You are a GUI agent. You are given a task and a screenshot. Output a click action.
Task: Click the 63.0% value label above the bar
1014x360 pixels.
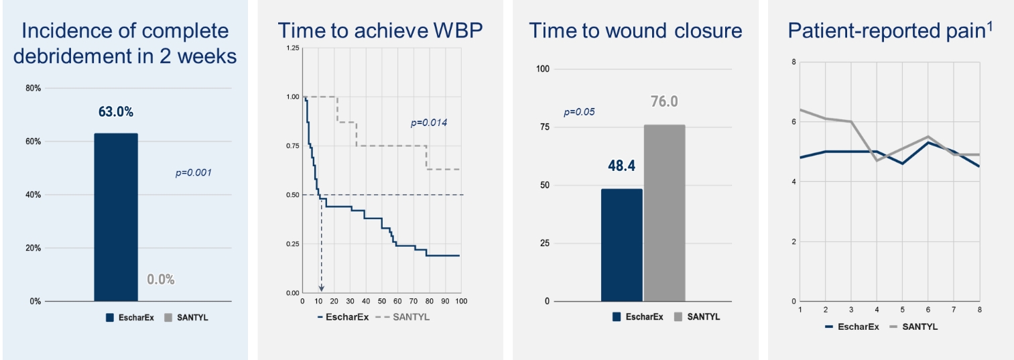(116, 112)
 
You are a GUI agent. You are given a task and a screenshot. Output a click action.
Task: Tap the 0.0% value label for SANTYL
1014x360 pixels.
(161, 280)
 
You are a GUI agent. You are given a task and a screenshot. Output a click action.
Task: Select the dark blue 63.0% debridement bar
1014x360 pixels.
(116, 217)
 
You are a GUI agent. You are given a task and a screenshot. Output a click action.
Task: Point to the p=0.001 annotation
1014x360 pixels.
(193, 173)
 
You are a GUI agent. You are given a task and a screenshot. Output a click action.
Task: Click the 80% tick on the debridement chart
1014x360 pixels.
(34, 88)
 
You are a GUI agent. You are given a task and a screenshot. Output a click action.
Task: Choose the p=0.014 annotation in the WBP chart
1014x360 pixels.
(428, 123)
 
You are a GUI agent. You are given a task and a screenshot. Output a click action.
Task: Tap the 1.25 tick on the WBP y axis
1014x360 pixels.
(292, 48)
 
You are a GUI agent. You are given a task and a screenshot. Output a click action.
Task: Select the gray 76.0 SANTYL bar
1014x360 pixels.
(664, 213)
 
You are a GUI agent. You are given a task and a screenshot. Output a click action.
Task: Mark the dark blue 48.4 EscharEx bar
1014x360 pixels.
(621, 245)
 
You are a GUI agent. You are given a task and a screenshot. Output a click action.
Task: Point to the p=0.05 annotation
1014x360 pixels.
(579, 111)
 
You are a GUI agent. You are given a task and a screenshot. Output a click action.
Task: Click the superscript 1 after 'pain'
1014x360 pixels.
(989, 25)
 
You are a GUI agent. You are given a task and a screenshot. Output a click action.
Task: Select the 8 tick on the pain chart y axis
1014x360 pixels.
(794, 62)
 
